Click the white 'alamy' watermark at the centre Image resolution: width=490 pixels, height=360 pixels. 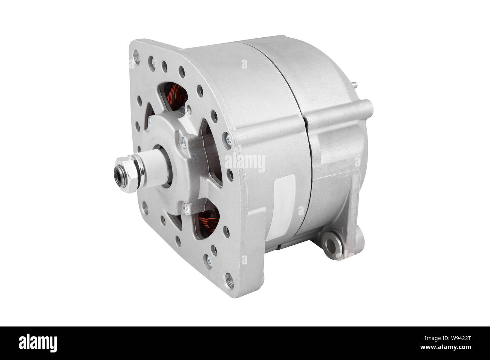[245, 162]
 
